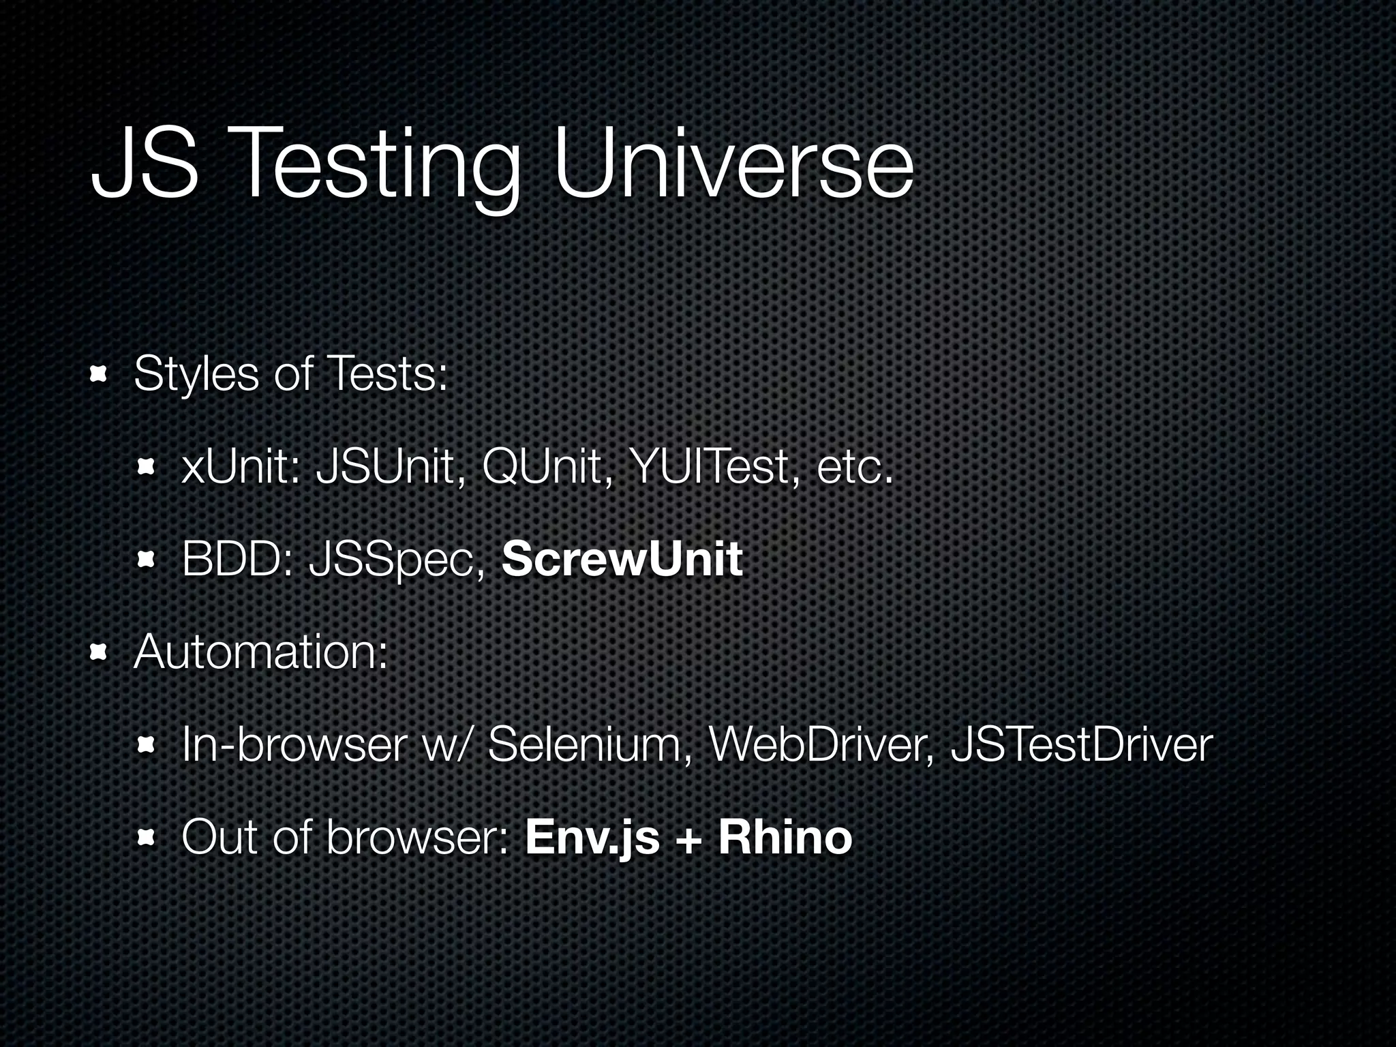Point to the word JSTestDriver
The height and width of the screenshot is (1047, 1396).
click(x=1081, y=745)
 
